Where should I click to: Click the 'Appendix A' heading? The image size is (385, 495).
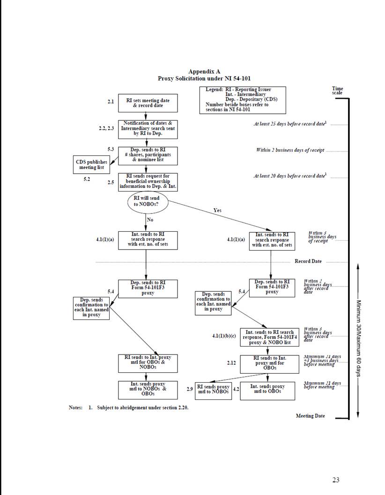click(x=204, y=71)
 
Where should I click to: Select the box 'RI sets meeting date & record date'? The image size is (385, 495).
click(x=148, y=103)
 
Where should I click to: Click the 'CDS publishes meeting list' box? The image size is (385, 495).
click(x=91, y=164)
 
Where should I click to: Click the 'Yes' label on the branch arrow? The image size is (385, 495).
click(x=217, y=210)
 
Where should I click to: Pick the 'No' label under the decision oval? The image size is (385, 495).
click(x=150, y=219)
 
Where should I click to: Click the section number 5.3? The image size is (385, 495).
click(x=111, y=149)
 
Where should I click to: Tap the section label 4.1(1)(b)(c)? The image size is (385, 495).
click(x=225, y=335)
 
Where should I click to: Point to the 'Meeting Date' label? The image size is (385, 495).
click(x=310, y=415)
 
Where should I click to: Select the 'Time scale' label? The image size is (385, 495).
click(x=337, y=90)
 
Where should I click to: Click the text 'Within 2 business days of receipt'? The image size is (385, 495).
click(x=290, y=150)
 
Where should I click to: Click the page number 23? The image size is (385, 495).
click(x=335, y=479)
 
